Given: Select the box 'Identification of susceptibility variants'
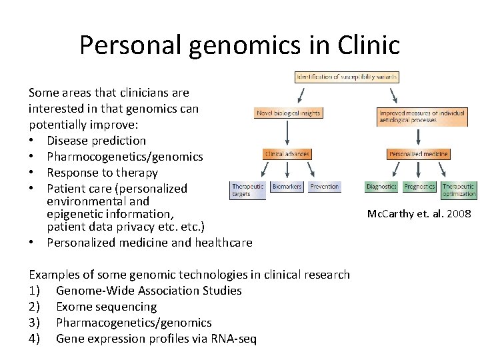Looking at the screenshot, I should (x=347, y=77).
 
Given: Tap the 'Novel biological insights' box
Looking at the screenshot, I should (x=288, y=113).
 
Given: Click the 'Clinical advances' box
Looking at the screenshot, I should (x=287, y=154).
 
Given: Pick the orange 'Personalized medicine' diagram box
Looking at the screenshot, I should (x=418, y=154).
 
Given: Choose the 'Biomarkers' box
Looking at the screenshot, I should (x=287, y=187).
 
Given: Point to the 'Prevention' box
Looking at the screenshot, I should (x=325, y=187).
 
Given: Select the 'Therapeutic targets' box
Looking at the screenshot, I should (x=248, y=190).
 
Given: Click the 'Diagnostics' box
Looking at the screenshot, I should (x=382, y=187).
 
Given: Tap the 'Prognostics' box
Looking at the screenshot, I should (x=420, y=187).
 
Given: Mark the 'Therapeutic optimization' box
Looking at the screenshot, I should (x=459, y=190).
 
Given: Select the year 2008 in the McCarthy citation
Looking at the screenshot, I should (x=459, y=214).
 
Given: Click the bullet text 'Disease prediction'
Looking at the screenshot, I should (x=96, y=141).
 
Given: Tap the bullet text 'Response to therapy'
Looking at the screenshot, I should (x=102, y=173).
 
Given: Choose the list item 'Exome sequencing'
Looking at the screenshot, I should (x=106, y=307).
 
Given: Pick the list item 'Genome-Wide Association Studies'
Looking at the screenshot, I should (x=149, y=291).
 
